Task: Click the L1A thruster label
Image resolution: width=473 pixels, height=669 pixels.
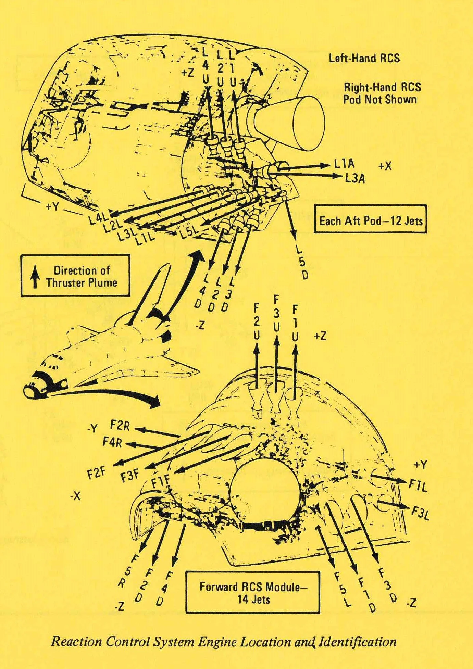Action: (x=345, y=164)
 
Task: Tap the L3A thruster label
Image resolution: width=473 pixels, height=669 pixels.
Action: (x=355, y=178)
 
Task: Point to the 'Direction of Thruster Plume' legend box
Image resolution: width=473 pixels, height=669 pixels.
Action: (x=75, y=276)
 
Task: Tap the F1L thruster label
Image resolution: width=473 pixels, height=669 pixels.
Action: (x=418, y=485)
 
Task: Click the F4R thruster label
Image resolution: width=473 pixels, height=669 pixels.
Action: (x=112, y=442)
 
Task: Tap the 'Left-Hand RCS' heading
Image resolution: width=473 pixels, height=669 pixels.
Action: (x=364, y=58)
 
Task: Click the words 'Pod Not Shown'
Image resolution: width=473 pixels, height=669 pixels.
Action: (x=380, y=100)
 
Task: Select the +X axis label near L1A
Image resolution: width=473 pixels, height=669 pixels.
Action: (x=385, y=166)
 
